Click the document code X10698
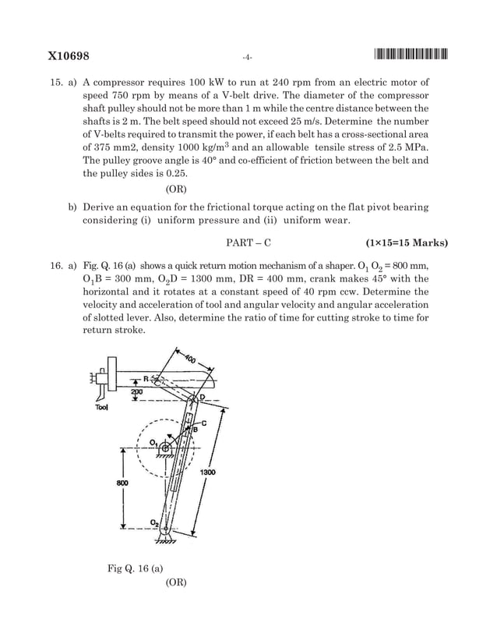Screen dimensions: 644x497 click(69, 56)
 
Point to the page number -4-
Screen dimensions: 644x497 click(247, 57)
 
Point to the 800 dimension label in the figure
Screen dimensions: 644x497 click(122, 483)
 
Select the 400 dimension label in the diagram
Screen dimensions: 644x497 click(190, 360)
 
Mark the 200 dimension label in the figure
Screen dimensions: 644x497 click(146, 393)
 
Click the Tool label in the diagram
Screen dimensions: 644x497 click(101, 407)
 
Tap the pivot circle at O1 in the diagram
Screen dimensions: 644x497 click(165, 447)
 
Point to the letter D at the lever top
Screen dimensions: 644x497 click(202, 398)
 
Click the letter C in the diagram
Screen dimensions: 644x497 click(203, 422)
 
